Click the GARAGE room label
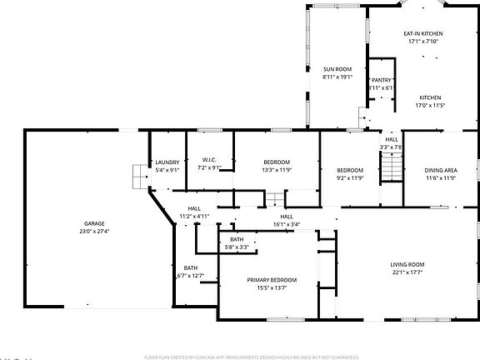[x=94, y=224]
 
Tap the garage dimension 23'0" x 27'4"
[x=94, y=231]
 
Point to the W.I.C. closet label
[x=208, y=161]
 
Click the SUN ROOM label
[x=337, y=69]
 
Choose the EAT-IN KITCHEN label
[x=424, y=33]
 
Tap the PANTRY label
[x=382, y=80]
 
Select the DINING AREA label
[x=441, y=170]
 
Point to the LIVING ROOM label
[x=407, y=265]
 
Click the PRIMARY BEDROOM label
[x=272, y=280]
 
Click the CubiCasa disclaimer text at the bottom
[x=252, y=356]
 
